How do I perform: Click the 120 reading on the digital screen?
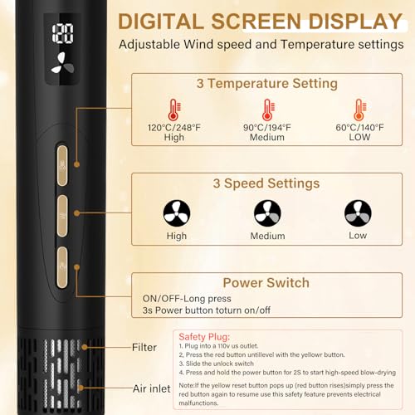point(63,33)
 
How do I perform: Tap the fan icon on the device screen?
point(62,63)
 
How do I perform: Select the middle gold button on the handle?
point(62,216)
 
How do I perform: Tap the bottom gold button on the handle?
point(62,267)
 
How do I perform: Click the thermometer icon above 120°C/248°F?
point(174,110)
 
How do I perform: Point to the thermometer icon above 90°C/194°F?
point(268,110)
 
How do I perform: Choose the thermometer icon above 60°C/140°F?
point(360,110)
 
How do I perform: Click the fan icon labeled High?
point(177,213)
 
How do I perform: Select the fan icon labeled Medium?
point(267,213)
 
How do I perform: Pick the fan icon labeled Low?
point(358,213)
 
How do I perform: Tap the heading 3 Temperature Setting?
point(267,84)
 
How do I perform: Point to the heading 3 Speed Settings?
point(266,183)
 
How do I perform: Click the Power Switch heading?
point(266,283)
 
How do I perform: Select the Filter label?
point(144,347)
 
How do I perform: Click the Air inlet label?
point(152,388)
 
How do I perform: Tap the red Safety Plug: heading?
point(204,337)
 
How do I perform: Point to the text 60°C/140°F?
point(359,128)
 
